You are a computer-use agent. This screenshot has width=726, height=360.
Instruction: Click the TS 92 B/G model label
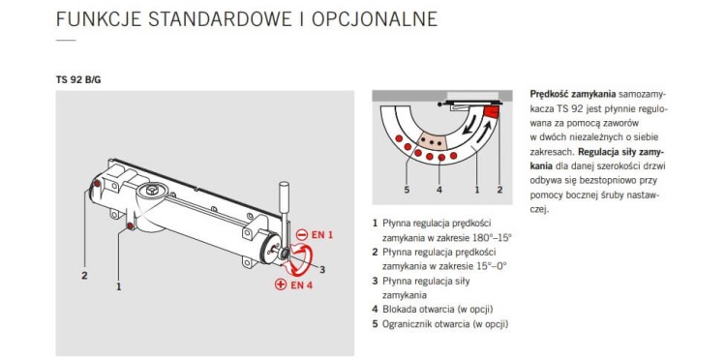coord(77,78)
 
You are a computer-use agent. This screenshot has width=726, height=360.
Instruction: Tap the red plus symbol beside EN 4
coord(279,285)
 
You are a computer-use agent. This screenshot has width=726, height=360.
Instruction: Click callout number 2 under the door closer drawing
coord(84,275)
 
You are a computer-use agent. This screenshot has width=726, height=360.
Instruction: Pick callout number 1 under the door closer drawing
coord(118,285)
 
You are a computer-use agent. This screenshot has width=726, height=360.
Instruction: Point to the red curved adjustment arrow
coord(307,259)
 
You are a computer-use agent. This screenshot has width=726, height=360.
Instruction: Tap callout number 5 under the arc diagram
coord(406,189)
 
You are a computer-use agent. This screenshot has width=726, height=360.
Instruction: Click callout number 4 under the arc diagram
coord(439,189)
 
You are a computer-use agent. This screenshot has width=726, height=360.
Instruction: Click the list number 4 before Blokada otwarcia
coord(375,309)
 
